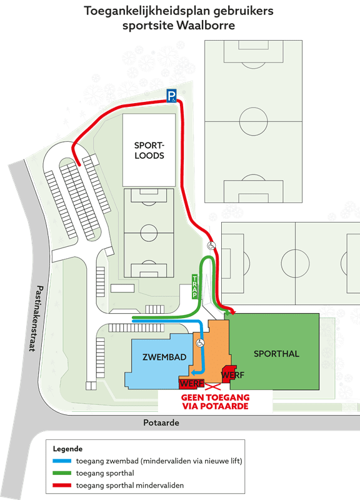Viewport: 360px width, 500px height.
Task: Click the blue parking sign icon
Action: (171, 96)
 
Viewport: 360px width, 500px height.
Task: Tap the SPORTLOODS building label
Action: (149, 150)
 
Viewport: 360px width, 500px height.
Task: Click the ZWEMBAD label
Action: (164, 357)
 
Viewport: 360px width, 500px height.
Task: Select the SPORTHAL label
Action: (276, 354)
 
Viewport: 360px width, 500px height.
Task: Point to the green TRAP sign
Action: (194, 287)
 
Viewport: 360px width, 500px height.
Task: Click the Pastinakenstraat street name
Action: (36, 318)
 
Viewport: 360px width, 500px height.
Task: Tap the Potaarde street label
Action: (161, 423)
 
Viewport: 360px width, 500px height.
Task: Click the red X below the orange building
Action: (212, 387)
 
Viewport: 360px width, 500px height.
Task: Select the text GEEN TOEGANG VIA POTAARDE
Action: (215, 402)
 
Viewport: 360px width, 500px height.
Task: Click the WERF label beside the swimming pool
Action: (191, 383)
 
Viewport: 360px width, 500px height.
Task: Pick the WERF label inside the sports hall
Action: (232, 375)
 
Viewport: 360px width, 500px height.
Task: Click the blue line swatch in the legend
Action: (62, 461)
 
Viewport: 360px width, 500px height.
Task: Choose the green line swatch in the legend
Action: (62, 473)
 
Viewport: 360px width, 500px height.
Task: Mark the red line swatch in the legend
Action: (62, 486)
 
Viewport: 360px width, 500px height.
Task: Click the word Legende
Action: (67, 449)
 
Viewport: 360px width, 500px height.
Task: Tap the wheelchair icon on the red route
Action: (211, 246)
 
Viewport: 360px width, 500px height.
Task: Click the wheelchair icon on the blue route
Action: (200, 343)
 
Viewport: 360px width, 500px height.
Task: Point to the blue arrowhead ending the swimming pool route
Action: (193, 372)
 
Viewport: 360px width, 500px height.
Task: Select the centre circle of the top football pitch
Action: (254, 121)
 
